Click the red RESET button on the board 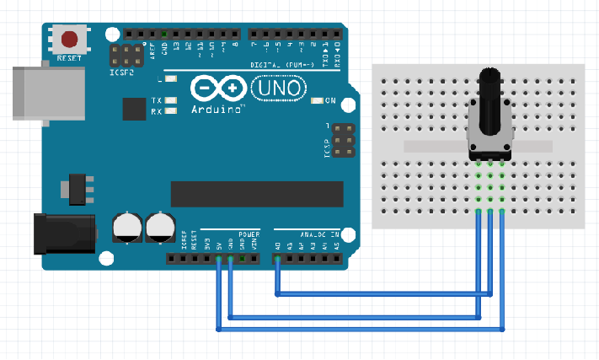click(70, 40)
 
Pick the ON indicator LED click(317, 101)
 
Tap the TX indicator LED click(172, 101)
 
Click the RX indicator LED click(172, 110)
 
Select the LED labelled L click(172, 79)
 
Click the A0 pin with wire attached click(277, 258)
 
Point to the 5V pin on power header click(218, 258)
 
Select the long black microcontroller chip click(257, 194)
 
